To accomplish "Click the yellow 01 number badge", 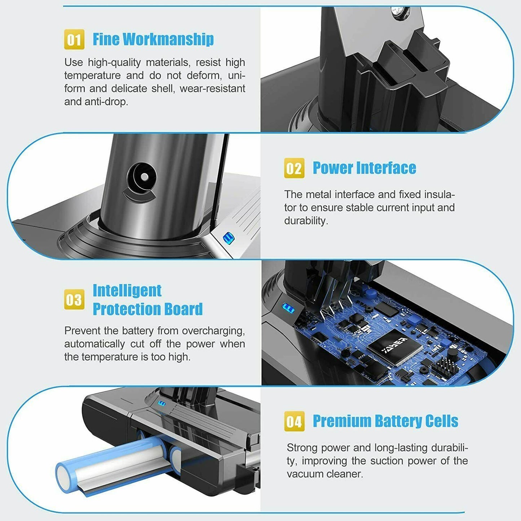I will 74,39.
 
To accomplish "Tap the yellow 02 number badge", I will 294,168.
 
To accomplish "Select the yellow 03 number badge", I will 74,299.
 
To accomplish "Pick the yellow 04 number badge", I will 294,421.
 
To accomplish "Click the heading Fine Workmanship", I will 153,39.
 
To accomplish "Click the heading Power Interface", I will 364,168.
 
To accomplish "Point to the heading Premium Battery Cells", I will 385,421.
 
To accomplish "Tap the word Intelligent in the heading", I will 127,291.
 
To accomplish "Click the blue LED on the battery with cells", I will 161,404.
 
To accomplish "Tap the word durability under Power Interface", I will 305,221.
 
